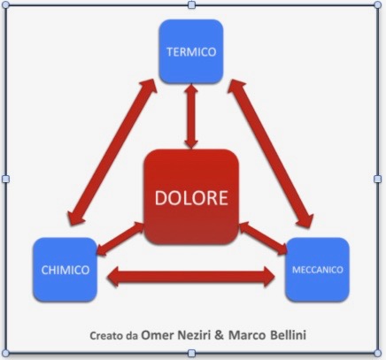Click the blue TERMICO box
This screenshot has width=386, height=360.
point(191,51)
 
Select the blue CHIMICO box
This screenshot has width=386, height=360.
point(65,270)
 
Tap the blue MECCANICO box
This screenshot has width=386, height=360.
point(317,270)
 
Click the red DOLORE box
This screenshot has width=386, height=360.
point(191,197)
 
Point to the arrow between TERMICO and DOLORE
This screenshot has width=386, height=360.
point(191,117)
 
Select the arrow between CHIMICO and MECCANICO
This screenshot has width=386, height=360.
point(191,277)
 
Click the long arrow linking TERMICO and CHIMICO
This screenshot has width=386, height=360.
point(112,152)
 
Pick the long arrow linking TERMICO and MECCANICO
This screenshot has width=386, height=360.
point(271,154)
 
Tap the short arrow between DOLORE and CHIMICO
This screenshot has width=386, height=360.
point(120,239)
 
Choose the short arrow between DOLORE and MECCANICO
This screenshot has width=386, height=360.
point(263,238)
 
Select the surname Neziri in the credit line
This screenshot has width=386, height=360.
point(194,335)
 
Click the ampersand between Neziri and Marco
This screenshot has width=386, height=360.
point(220,335)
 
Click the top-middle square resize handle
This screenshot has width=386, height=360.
point(191,5)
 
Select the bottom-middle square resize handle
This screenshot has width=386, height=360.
point(191,353)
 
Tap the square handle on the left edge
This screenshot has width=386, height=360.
point(5,179)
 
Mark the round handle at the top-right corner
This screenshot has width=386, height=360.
point(377,5)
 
